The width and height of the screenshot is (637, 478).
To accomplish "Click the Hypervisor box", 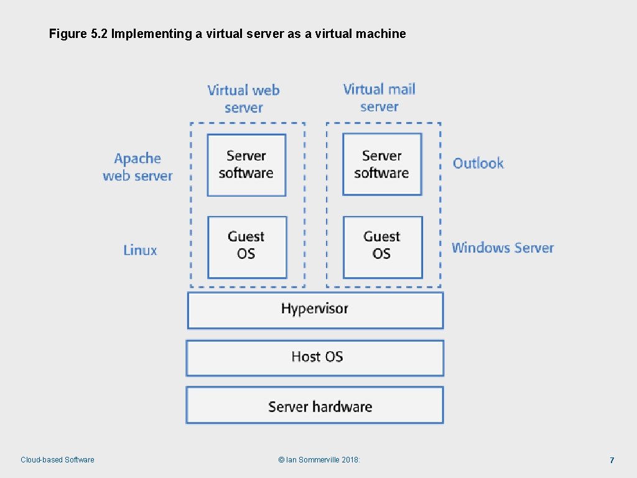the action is click(x=315, y=310).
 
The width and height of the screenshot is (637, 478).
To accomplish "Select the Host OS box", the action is click(x=315, y=358).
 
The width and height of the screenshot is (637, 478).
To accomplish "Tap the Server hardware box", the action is click(x=315, y=405).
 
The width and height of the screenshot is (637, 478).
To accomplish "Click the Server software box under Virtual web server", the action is click(x=246, y=165).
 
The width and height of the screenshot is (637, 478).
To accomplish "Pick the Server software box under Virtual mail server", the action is click(x=383, y=164).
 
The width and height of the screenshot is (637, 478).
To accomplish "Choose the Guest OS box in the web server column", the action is click(x=247, y=247).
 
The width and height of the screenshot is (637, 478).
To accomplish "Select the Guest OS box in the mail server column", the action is click(x=383, y=247).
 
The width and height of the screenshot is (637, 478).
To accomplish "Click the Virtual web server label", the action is click(x=243, y=99).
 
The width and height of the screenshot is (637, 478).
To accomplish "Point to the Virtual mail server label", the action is click(x=379, y=98).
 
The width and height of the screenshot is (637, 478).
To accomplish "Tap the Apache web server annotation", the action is click(x=137, y=167).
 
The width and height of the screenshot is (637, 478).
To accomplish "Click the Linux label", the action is click(x=140, y=250).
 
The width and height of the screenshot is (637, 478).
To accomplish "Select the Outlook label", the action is click(x=478, y=163).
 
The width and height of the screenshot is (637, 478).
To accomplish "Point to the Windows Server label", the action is click(x=503, y=248).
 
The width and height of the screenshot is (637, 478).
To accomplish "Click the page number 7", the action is click(x=612, y=460).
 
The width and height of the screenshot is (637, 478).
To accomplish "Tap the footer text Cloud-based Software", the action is click(x=57, y=460).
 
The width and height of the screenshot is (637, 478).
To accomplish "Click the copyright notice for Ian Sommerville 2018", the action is click(x=319, y=460).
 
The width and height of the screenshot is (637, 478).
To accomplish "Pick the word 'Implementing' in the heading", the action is click(x=152, y=34).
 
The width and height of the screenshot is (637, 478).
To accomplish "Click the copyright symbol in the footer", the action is click(x=281, y=460).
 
